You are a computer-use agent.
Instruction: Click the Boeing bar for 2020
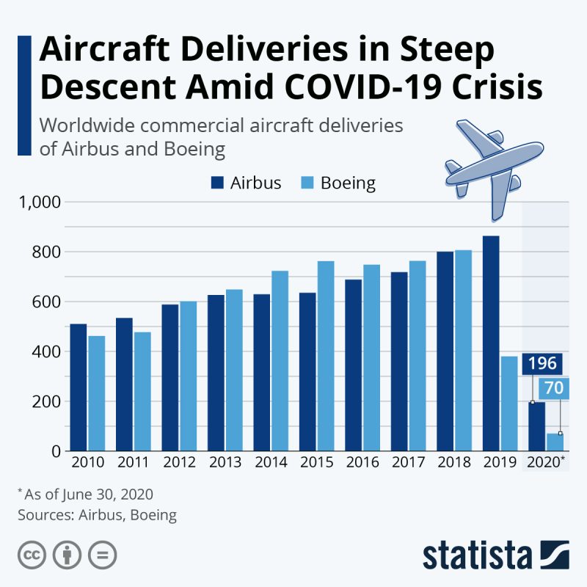[x=555, y=442]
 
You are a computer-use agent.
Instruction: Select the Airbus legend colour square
[x=218, y=183]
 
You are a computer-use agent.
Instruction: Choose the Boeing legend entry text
[x=348, y=183]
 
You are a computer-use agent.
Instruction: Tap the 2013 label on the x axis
[x=225, y=463]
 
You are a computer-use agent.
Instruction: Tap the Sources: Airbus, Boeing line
[x=98, y=514]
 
